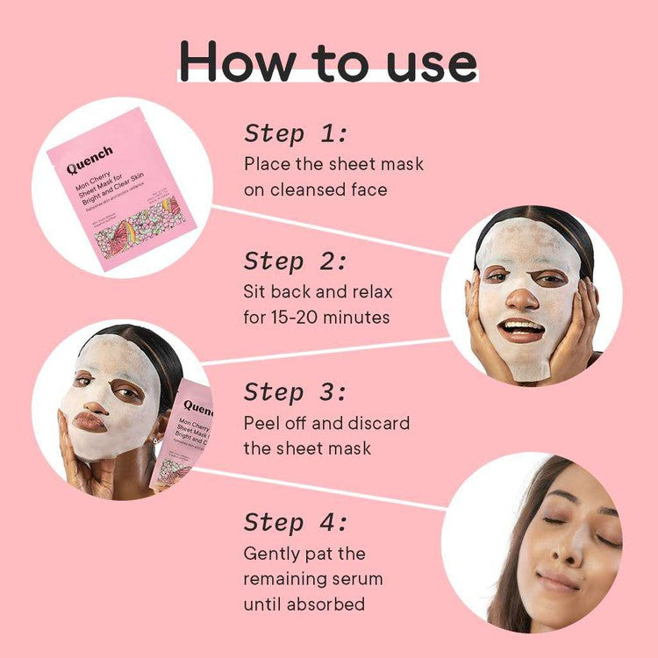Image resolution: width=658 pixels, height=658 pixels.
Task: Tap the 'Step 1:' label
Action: [296, 133]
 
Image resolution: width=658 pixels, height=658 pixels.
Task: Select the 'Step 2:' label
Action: [296, 261]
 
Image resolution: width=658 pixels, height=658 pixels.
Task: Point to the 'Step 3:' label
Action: [296, 391]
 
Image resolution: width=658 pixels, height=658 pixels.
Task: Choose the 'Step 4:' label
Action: [296, 522]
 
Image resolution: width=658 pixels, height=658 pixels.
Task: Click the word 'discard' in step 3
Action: [379, 423]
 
